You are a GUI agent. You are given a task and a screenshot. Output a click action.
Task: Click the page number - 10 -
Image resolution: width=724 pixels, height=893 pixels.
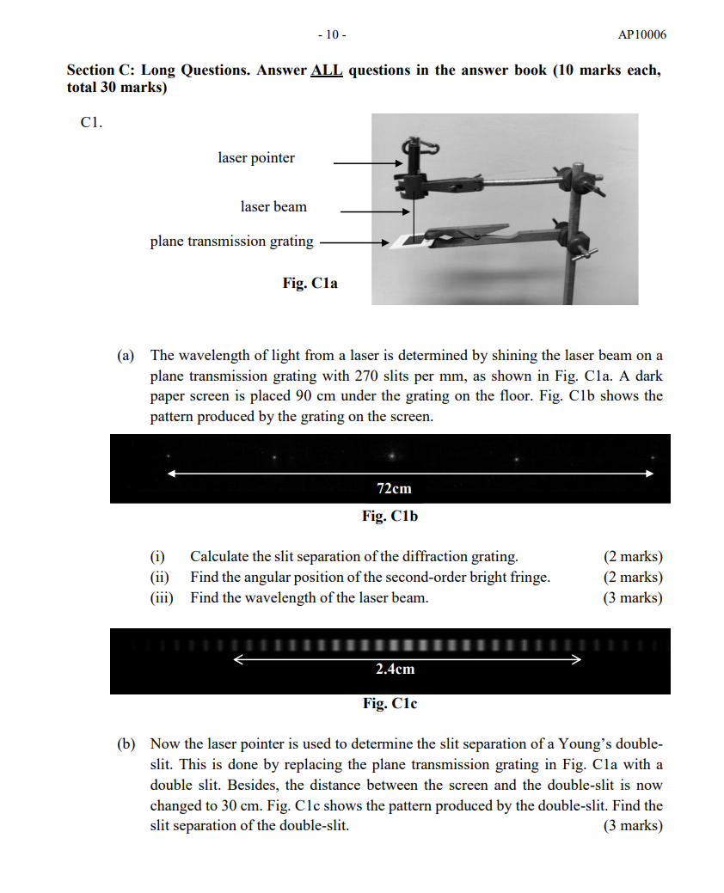(x=332, y=35)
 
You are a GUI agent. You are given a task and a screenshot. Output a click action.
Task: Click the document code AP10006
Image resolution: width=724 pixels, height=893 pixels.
(x=641, y=35)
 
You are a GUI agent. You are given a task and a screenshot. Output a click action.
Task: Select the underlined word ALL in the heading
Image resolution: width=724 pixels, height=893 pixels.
(x=326, y=70)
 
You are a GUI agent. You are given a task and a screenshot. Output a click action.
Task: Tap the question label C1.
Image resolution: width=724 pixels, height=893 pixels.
(x=91, y=123)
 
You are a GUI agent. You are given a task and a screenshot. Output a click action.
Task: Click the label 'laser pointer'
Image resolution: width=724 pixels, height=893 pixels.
(x=256, y=158)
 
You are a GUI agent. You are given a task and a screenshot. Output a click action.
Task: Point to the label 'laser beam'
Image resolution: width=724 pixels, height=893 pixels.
(x=273, y=207)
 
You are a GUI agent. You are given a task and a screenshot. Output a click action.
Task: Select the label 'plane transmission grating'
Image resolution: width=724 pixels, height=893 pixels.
(x=232, y=242)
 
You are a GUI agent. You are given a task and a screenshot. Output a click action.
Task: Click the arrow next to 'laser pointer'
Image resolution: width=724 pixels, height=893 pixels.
(x=367, y=162)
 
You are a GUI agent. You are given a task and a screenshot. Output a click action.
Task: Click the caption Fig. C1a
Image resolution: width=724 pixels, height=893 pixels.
(x=310, y=283)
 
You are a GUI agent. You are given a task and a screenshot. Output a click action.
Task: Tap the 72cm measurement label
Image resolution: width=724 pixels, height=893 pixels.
(x=394, y=488)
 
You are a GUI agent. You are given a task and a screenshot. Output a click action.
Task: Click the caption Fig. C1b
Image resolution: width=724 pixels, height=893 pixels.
(x=390, y=517)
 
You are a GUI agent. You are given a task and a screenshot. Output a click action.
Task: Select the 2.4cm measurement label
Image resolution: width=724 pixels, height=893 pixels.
(x=395, y=669)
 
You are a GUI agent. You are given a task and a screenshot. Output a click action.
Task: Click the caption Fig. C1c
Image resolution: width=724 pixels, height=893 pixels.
(x=390, y=704)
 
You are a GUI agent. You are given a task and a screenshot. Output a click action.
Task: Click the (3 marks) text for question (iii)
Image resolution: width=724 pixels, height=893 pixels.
(x=633, y=598)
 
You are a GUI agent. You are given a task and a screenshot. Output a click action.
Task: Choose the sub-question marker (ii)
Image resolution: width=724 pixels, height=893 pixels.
(x=160, y=578)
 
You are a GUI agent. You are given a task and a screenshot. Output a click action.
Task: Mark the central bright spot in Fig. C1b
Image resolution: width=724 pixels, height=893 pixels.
(x=392, y=456)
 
